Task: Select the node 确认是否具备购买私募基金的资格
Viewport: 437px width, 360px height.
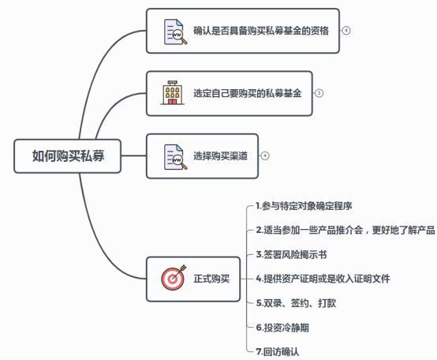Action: [x=260, y=31]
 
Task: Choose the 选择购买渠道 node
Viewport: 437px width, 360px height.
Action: [x=220, y=156]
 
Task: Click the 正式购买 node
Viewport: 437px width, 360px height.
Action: [x=211, y=278]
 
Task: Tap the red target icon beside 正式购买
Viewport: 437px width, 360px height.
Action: [x=173, y=278]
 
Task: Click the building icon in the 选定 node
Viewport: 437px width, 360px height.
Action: [x=173, y=93]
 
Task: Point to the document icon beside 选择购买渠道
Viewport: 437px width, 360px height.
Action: [x=174, y=156]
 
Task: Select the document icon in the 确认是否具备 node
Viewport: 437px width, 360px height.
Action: [x=174, y=32]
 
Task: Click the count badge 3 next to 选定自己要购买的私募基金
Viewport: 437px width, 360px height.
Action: [x=319, y=93]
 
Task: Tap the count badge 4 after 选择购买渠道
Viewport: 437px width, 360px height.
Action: [x=265, y=156]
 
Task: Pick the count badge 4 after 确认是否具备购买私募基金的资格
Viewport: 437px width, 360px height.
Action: [x=345, y=31]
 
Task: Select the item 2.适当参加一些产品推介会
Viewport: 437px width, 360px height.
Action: [x=345, y=231]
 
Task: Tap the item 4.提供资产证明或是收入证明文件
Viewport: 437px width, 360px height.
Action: [x=323, y=279]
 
